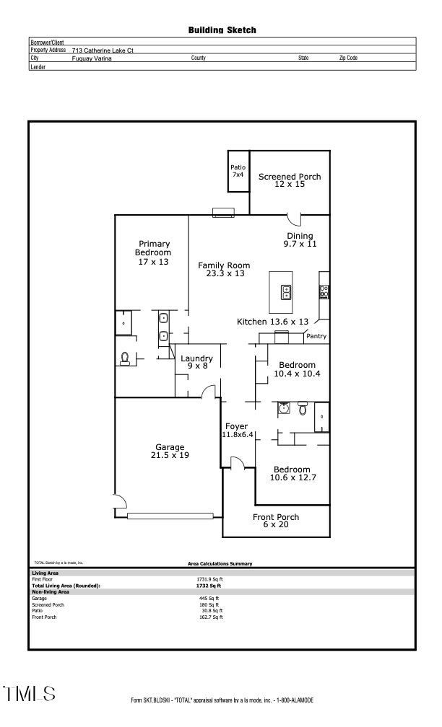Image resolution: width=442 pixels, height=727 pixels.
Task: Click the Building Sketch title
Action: [222, 30]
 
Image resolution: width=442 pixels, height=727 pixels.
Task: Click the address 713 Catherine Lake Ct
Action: [103, 50]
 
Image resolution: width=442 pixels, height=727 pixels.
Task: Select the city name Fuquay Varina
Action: [92, 58]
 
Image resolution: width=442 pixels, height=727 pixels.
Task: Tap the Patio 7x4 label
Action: [238, 171]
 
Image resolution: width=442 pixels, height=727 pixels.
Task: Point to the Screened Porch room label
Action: [290, 180]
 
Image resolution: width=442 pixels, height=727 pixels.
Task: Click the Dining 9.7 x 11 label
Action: [300, 240]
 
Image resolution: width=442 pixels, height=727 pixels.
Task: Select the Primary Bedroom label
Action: [153, 252]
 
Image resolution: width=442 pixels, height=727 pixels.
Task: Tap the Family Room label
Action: [224, 269]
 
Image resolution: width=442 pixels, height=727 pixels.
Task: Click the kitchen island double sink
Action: [286, 292]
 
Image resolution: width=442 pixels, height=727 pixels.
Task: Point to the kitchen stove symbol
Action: [324, 292]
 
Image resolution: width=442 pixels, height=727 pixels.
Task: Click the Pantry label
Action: [316, 336]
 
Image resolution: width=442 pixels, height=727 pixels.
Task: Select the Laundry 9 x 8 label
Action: [196, 362]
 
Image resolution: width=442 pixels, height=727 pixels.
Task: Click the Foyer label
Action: [237, 431]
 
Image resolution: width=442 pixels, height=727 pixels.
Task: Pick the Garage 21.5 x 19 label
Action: [170, 451]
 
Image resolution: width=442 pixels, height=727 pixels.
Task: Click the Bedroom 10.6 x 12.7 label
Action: [292, 473]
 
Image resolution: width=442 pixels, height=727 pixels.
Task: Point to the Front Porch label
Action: [275, 521]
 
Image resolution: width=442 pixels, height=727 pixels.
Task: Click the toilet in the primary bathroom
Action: [126, 358]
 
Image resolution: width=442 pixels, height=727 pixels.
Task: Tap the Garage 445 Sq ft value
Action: [209, 598]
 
